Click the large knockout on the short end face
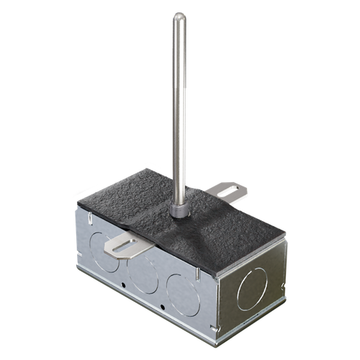click(x=254, y=283)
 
